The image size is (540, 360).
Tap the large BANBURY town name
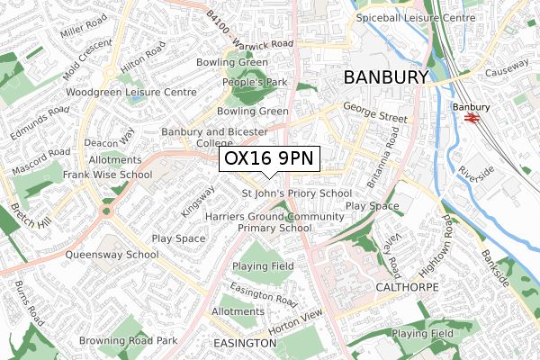tap(386, 77)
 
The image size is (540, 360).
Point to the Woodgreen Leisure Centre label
tap(130, 92)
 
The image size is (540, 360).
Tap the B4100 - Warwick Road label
tap(249, 30)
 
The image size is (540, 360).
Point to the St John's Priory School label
tap(297, 193)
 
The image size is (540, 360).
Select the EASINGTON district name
tap(244, 344)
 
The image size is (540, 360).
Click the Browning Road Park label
tap(128, 341)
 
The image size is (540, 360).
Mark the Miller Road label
tap(85, 39)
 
